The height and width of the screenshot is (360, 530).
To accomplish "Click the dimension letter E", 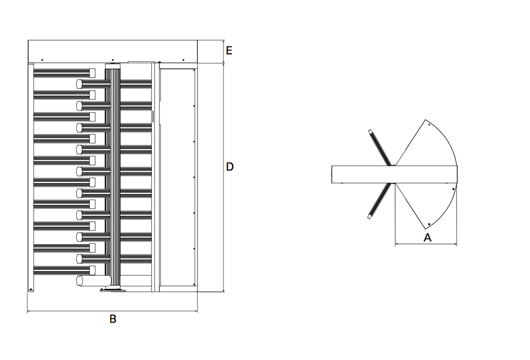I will [x=229, y=50].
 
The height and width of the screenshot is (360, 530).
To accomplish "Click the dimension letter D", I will [x=230, y=167].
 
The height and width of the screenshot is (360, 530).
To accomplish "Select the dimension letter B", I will [x=113, y=319].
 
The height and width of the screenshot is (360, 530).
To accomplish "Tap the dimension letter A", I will [x=427, y=237].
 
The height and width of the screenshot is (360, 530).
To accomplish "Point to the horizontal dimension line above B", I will [x=112, y=311].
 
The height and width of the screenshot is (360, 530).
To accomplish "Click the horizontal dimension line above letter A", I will [x=426, y=244].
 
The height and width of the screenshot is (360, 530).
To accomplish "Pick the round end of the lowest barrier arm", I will [x=80, y=280].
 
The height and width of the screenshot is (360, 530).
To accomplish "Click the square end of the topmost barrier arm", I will [x=93, y=72].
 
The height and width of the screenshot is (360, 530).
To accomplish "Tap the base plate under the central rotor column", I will [x=113, y=291].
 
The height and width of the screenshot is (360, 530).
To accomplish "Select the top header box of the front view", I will [x=112, y=51].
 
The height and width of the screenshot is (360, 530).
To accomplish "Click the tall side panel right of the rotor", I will [x=177, y=177].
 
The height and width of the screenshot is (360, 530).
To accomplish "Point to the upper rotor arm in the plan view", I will [x=380, y=148].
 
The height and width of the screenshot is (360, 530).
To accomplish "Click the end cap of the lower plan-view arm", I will [x=369, y=218].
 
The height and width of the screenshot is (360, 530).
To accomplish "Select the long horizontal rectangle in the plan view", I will [x=394, y=174].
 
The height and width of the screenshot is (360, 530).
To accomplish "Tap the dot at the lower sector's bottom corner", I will [x=429, y=224].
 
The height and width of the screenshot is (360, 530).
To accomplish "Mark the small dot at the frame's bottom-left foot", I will [x=31, y=289].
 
